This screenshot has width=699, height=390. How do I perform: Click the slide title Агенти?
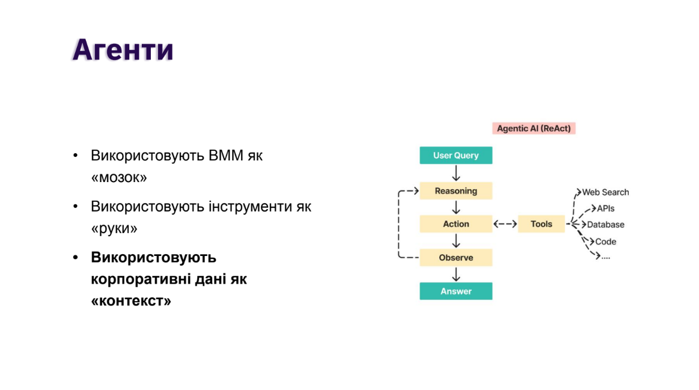coord(123,50)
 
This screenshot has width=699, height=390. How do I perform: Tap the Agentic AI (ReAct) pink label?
coord(533,129)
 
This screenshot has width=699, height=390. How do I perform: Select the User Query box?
coord(456,156)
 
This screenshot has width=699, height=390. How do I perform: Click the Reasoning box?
coord(456,191)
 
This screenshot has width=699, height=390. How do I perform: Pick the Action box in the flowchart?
coord(456,224)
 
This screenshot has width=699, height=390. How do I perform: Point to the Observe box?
coord(456,258)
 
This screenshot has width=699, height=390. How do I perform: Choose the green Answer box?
coord(456,291)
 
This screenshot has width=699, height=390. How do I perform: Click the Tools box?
coord(541,224)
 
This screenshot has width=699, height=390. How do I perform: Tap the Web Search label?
coord(605,192)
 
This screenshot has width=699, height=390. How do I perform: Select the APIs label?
coord(606,209)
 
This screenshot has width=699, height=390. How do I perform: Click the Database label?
coord(605,225)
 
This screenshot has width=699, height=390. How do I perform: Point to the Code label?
coord(606,242)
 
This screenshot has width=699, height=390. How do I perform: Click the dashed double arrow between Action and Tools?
coord(505,224)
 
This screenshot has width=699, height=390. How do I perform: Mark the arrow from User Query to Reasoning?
coord(456,173)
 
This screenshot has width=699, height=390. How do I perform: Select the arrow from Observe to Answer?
coord(456,275)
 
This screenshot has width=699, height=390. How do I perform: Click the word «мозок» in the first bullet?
coord(118,178)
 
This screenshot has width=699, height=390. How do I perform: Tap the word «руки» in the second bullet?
coord(114,229)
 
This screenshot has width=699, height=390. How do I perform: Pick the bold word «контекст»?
coord(131,301)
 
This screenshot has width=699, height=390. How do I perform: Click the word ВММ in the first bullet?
coord(227,156)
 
